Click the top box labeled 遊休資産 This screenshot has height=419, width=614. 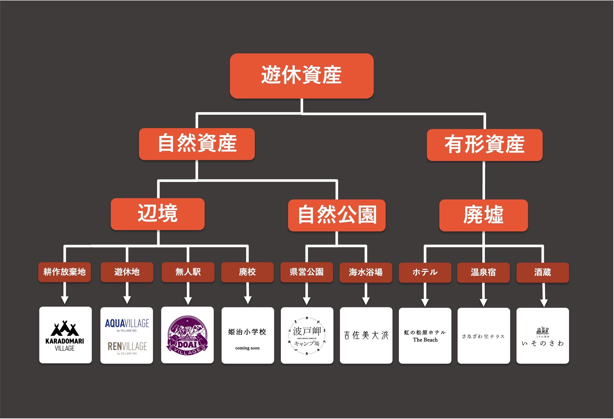pyautogui.click(x=301, y=76)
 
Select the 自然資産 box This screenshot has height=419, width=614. pyautogui.click(x=197, y=144)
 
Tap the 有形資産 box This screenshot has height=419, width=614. pyautogui.click(x=484, y=144)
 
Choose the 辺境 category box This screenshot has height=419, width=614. pyautogui.click(x=157, y=214)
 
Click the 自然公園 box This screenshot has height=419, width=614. pyautogui.click(x=337, y=215)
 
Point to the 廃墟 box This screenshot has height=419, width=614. pyautogui.click(x=483, y=215)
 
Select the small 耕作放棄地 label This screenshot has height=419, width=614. pyautogui.click(x=65, y=272)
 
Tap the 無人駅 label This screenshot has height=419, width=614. pyautogui.click(x=188, y=272)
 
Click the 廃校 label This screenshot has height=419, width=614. pyautogui.click(x=247, y=272)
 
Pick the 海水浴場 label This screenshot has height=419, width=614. pyautogui.click(x=366, y=272)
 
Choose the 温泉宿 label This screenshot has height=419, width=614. pyautogui.click(x=483, y=272)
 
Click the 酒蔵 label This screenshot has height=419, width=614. pyautogui.click(x=543, y=272)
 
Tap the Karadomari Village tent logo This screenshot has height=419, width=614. pyautogui.click(x=65, y=329)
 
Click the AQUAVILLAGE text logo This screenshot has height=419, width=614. pyautogui.click(x=127, y=324)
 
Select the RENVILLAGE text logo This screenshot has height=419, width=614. pyautogui.click(x=127, y=347)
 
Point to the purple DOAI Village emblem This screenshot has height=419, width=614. pyautogui.click(x=187, y=336)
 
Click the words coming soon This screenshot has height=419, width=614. pyautogui.click(x=247, y=348)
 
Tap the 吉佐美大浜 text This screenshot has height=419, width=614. pyautogui.click(x=366, y=335)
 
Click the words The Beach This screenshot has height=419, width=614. pyautogui.click(x=425, y=340)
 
